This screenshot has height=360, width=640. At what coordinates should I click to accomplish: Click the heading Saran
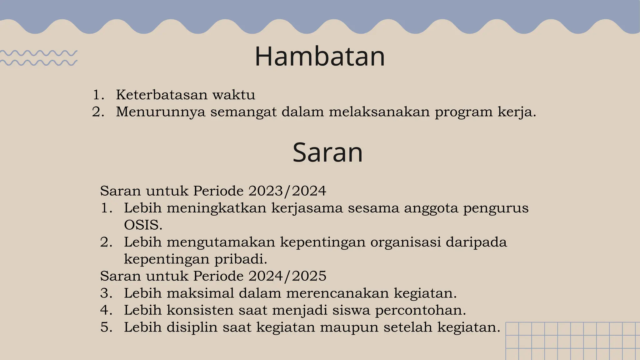pos(327,152)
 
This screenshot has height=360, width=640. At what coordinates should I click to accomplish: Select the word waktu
pos(234,95)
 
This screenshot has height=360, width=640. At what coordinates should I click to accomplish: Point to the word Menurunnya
pos(161,112)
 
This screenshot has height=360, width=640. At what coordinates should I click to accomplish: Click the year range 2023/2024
pos(287,191)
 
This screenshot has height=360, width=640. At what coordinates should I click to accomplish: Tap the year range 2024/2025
pos(287,276)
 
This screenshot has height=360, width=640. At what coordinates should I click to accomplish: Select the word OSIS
pos(143,225)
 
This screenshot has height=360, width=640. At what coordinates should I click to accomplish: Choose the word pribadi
pos(241,259)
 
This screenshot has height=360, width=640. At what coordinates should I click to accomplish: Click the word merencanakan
pos(337,293)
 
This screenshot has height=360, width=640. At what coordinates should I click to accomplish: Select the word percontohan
pos(420,310)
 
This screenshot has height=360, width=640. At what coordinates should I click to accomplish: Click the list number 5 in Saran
pos(106,327)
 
